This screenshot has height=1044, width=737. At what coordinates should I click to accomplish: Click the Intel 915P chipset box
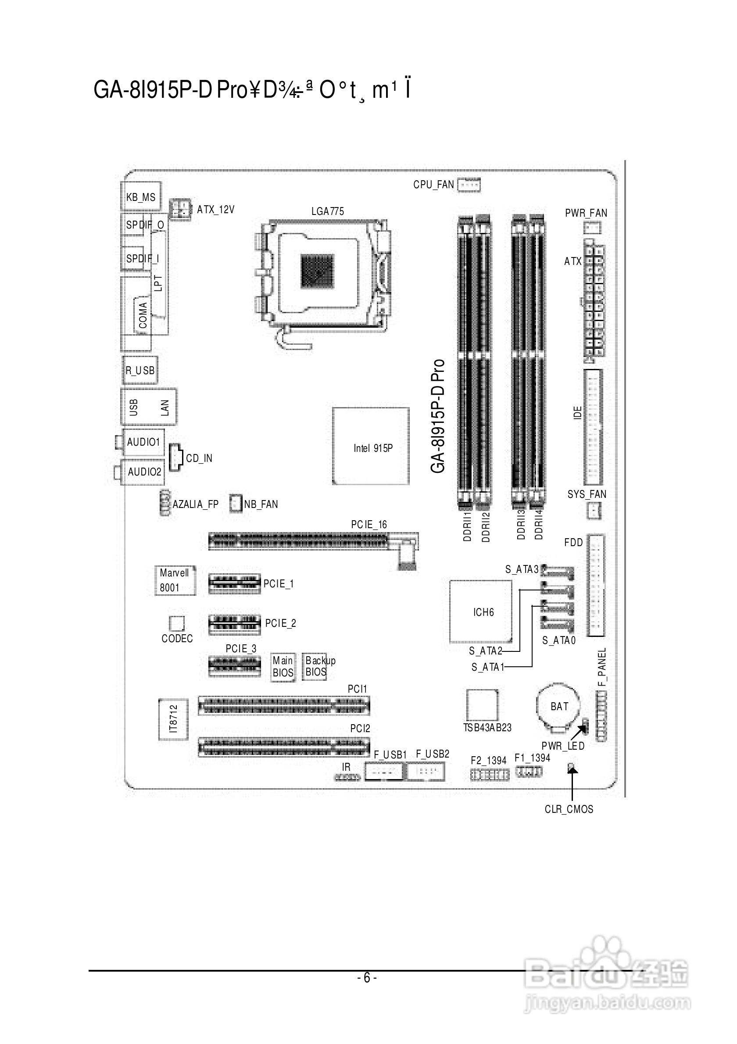(x=371, y=446)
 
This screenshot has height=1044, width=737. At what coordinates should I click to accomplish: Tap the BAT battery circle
(x=559, y=706)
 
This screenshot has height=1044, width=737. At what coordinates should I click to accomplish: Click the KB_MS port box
(x=140, y=196)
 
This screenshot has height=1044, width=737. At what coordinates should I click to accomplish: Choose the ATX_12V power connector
(x=179, y=209)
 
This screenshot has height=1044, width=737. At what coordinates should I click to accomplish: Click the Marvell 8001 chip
(x=175, y=580)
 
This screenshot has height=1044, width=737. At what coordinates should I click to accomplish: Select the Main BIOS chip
(x=283, y=667)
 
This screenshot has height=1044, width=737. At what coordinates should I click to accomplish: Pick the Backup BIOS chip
(x=315, y=667)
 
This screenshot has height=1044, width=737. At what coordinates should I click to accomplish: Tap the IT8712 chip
(x=173, y=719)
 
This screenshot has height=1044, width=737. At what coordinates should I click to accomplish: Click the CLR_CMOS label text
(x=569, y=809)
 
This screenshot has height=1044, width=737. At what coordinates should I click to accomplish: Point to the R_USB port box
(x=140, y=370)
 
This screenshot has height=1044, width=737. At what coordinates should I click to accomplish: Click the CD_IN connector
(x=175, y=458)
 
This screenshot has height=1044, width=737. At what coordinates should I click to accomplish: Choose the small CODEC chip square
(x=177, y=623)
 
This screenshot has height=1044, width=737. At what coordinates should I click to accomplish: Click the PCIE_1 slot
(x=235, y=584)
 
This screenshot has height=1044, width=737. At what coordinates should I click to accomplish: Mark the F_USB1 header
(x=384, y=772)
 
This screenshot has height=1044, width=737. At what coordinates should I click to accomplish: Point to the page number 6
(x=367, y=978)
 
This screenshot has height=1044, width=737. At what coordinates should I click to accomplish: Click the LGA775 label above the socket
(x=327, y=211)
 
